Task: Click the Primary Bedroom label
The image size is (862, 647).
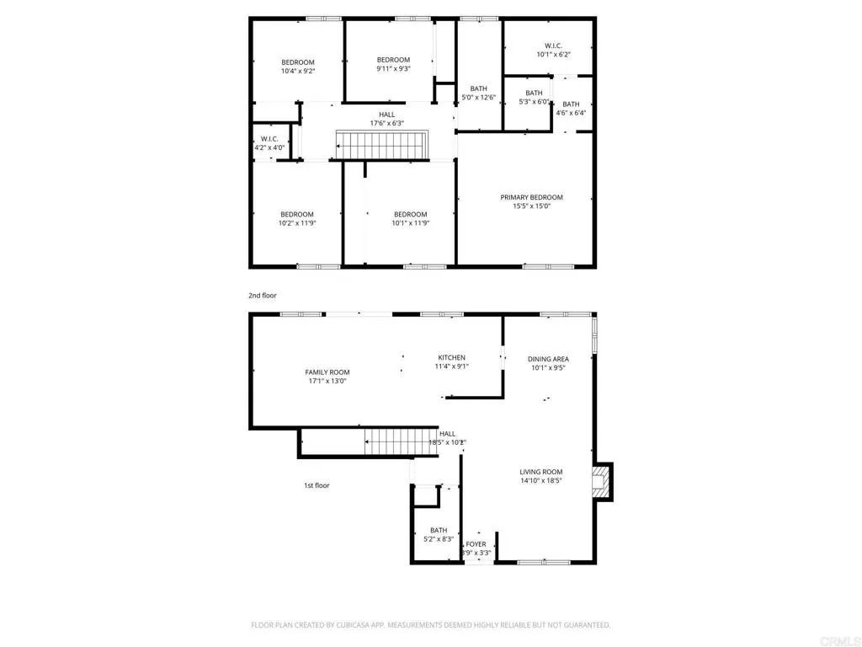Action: pos(531,197)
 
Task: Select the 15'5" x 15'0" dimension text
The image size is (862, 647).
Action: pos(531,206)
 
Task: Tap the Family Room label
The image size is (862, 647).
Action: pos(327,372)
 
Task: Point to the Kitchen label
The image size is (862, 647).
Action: pos(451,358)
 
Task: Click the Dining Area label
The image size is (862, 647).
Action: pos(548,359)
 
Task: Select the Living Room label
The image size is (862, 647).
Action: pos(540,472)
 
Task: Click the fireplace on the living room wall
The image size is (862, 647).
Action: pos(601,483)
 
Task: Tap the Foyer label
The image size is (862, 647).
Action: pos(476,544)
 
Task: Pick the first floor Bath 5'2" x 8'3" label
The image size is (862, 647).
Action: pos(439,531)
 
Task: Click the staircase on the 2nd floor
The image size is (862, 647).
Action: pos(382,144)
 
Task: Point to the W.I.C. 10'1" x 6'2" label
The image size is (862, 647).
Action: pos(553,45)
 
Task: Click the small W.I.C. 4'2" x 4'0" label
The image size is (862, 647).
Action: pos(269,139)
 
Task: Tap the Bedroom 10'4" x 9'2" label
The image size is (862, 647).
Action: pos(297,62)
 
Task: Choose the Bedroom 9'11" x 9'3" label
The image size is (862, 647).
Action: pos(393,60)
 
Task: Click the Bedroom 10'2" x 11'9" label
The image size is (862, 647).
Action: pos(296,214)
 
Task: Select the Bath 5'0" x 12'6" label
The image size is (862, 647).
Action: pos(478,88)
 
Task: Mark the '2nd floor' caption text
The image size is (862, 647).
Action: pos(262,296)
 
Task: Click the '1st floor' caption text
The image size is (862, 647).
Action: pos(317,485)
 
